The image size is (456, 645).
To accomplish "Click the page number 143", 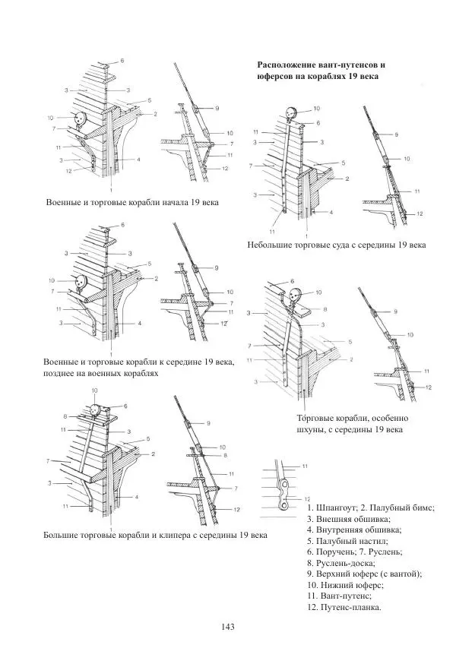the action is point(227,627).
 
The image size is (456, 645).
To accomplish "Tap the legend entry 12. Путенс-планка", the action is point(344,607).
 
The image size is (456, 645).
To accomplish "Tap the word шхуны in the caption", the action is point(309,430).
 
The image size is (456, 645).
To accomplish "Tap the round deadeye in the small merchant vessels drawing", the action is point(291,112).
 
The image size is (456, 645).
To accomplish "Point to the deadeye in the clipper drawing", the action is point(96,410).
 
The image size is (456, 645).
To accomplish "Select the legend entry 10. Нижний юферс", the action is point(345,584).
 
